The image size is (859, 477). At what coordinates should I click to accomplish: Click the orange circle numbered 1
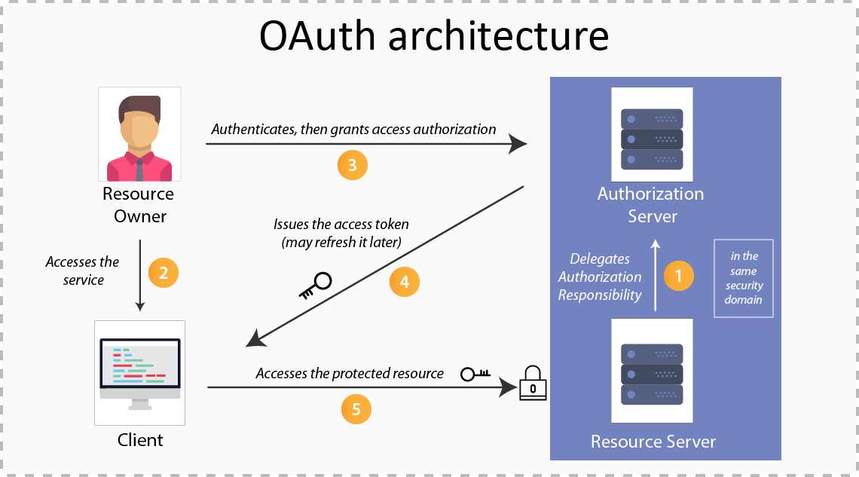(x=678, y=276)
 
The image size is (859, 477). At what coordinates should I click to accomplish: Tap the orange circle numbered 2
(x=164, y=273)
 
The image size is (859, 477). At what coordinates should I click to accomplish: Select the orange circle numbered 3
(x=352, y=164)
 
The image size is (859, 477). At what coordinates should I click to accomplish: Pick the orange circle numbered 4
(x=404, y=282)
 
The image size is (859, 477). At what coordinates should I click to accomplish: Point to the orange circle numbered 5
(x=356, y=409)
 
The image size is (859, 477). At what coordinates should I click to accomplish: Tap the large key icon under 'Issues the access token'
(x=315, y=286)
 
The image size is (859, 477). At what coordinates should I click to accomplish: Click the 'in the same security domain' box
(x=744, y=278)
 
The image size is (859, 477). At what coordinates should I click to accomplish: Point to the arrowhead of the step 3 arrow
(x=518, y=142)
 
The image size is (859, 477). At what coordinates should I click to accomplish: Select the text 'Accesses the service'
(x=82, y=271)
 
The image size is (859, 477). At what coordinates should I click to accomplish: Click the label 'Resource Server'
(x=653, y=442)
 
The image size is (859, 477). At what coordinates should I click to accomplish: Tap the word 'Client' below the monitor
(x=140, y=439)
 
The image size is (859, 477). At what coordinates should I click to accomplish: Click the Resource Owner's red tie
(x=139, y=170)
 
